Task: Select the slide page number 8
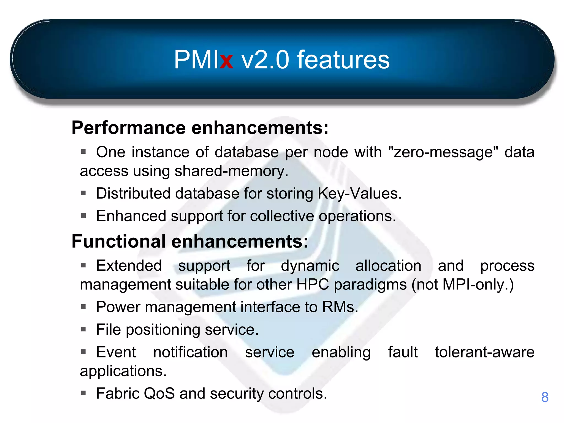[544, 397]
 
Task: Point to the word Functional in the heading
[119, 241]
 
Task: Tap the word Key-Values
[359, 193]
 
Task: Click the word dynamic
[310, 266]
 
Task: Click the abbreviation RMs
[340, 307]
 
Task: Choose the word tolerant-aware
[484, 352]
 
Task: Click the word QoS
[159, 393]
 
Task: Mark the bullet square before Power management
[83, 307]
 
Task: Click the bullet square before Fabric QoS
[83, 393]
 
